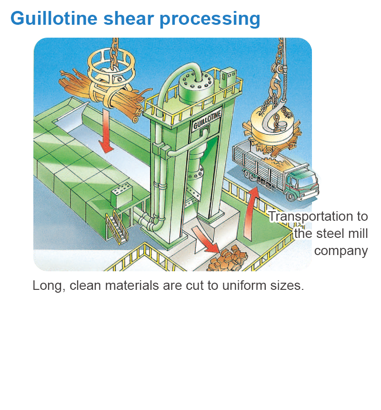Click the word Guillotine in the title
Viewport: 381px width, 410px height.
pos(54,18)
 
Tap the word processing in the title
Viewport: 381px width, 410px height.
pos(210,19)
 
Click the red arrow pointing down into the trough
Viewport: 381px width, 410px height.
pos(106,130)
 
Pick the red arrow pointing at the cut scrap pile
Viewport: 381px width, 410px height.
pos(206,239)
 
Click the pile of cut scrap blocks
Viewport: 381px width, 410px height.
pos(227,258)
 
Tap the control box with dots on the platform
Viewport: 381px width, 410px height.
pos(121,195)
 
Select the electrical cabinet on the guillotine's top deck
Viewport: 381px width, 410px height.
pos(228,78)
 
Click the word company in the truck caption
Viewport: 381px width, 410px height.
pos(341,251)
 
